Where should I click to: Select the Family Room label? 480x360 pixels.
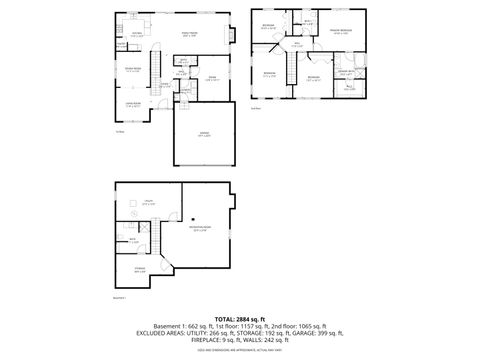(190, 35)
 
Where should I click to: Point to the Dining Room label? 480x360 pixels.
(132, 69)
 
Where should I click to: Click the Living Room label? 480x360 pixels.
(132, 103)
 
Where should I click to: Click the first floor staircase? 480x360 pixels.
(156, 68)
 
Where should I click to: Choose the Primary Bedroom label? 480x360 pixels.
(340, 32)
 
